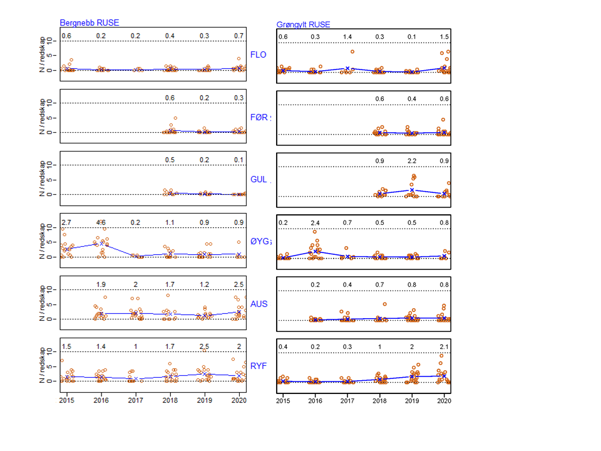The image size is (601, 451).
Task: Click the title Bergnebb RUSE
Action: pos(89,23)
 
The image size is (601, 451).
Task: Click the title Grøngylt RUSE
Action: pos(303,25)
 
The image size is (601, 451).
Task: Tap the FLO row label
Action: pos(258,54)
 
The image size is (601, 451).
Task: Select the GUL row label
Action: pos(259,180)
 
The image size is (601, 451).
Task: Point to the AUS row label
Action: pos(259,304)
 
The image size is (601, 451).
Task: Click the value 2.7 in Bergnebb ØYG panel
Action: pos(66,223)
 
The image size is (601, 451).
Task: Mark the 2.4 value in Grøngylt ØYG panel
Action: pos(315,223)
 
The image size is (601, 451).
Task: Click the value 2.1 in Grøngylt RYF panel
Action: pos(443,347)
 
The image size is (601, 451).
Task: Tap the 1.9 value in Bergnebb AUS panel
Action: pos(100,285)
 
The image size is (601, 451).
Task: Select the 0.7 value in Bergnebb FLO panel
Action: pos(239,36)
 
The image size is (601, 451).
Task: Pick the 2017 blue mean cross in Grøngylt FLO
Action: pos(347,68)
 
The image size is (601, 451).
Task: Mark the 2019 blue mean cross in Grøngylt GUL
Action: pos(411,189)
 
